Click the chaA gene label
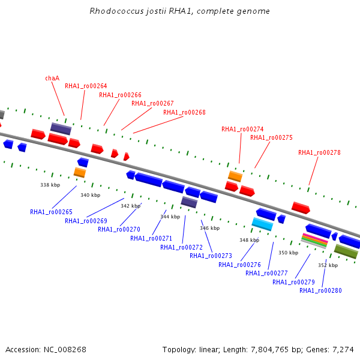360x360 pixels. click(x=52, y=78)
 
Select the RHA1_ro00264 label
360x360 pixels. click(x=86, y=86)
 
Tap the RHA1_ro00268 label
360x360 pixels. click(x=184, y=112)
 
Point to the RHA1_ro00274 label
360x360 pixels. click(x=242, y=129)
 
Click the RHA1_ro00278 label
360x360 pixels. click(x=319, y=152)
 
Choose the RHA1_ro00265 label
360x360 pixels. click(x=51, y=212)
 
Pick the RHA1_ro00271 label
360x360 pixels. click(x=151, y=239)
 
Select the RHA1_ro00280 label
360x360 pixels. click(x=320, y=290)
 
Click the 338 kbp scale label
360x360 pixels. click(x=50, y=185)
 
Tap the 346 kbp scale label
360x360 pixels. click(x=209, y=228)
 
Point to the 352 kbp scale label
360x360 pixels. click(x=328, y=265)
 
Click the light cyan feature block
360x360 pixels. click(x=263, y=224)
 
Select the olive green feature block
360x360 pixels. click(x=346, y=251)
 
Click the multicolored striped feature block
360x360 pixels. click(x=314, y=241)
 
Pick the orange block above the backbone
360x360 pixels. click(x=235, y=176)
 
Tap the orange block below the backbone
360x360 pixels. click(x=80, y=172)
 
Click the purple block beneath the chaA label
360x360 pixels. click(x=61, y=128)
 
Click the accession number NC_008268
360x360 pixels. click(x=65, y=350)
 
